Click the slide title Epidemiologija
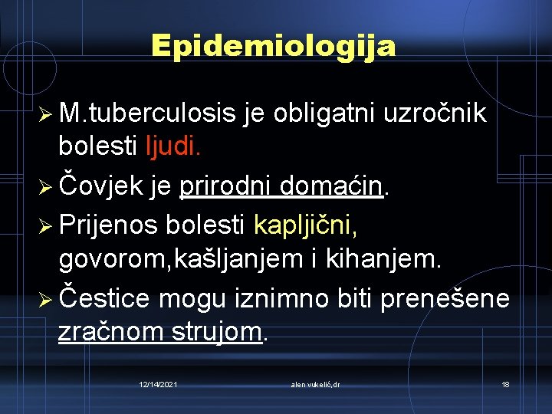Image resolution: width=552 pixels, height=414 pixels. coord(274,46)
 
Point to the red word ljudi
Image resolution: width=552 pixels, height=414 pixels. coord(174,146)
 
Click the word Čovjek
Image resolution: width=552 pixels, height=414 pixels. coord(107,186)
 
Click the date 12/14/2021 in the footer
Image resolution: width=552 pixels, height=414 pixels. coord(159,384)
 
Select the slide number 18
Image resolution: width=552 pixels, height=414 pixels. coord(505,384)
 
